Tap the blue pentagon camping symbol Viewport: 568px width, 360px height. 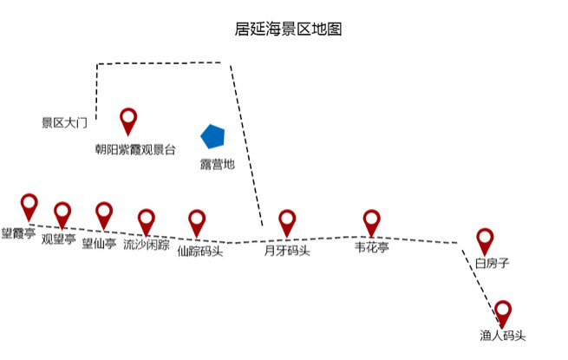pos(212,136)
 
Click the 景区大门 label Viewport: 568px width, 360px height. pos(65,123)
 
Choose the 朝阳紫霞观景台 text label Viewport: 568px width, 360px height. pos(135,149)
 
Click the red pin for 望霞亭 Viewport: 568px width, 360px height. pos(29,206)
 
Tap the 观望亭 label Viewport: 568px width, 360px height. pos(59,239)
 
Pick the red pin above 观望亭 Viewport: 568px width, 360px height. pos(62,213)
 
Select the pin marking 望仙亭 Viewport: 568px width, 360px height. pos(104,213)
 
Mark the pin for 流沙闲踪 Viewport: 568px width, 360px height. pos(147,220)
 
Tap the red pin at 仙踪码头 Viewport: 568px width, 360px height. pos(197,221)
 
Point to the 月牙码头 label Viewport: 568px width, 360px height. pos(287,252)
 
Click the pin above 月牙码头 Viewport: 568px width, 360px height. pos(287,222)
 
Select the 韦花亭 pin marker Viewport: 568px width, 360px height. pos(372,222)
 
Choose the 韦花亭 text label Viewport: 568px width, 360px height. pos(372,247)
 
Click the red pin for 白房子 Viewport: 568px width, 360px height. pos(485,240)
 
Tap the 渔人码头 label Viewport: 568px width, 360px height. pos(502,336)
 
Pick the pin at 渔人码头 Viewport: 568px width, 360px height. pos(502,312)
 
